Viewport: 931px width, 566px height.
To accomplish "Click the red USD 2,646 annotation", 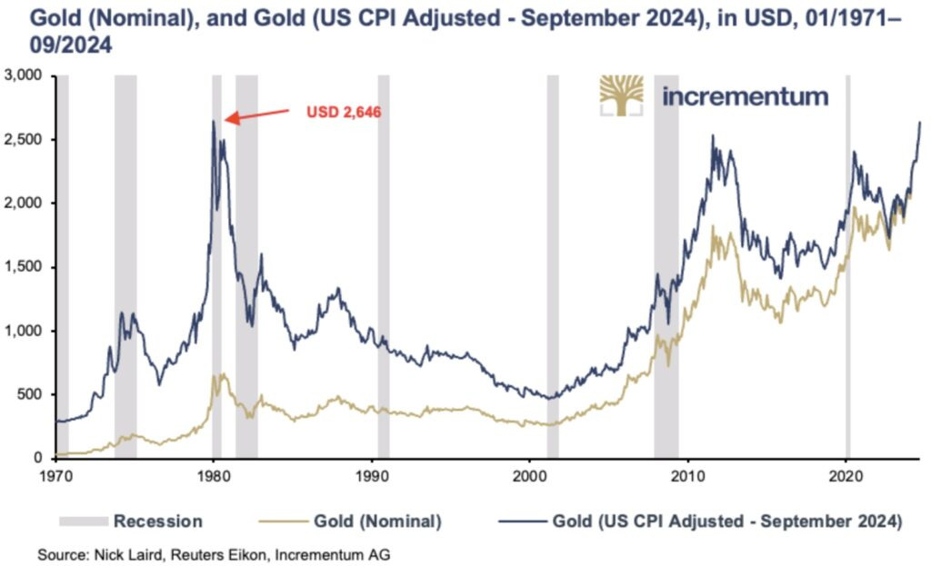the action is click(344, 112).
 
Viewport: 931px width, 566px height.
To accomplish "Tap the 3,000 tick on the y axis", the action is click(22, 75).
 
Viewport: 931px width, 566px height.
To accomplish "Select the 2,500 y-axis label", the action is click(22, 139).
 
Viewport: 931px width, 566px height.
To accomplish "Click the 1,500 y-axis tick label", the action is click(22, 267).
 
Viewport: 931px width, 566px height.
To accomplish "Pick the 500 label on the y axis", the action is click(30, 394).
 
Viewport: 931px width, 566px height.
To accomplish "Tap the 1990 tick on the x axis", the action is click(371, 475).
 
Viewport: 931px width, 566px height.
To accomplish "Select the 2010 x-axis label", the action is click(687, 475).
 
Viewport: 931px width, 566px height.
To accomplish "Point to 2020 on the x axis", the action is click(846, 475).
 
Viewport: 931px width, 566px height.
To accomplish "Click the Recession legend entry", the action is click(131, 521).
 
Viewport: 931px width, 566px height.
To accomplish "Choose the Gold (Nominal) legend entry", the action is click(350, 521).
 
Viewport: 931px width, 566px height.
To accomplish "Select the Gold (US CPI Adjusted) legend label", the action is click(701, 521).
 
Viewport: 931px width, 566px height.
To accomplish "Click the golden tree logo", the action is click(621, 95).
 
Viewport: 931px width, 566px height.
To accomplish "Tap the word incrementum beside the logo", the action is click(746, 96).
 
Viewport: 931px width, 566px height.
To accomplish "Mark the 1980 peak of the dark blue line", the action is click(213, 121).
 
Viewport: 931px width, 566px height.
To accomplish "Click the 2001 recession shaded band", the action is click(553, 266).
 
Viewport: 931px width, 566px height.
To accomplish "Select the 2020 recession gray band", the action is click(848, 266).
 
